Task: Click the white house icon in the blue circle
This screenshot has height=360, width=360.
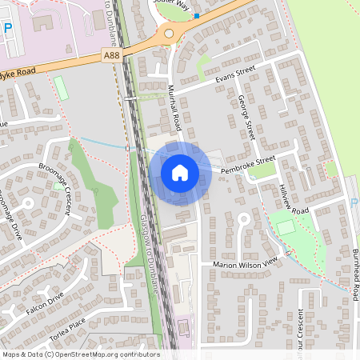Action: tap(180, 172)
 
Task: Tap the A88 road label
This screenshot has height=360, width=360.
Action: tap(113, 54)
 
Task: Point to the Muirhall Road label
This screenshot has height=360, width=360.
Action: tap(175, 107)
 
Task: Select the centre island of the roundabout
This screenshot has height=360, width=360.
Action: tap(168, 34)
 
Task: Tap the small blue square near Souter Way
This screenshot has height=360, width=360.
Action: tap(196, 16)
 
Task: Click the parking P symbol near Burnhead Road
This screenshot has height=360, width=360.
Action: tap(354, 203)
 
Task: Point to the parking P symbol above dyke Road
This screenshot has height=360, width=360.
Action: tap(8, 28)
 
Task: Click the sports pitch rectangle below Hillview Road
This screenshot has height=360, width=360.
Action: tap(286, 226)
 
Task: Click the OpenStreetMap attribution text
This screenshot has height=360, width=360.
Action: tap(80, 354)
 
